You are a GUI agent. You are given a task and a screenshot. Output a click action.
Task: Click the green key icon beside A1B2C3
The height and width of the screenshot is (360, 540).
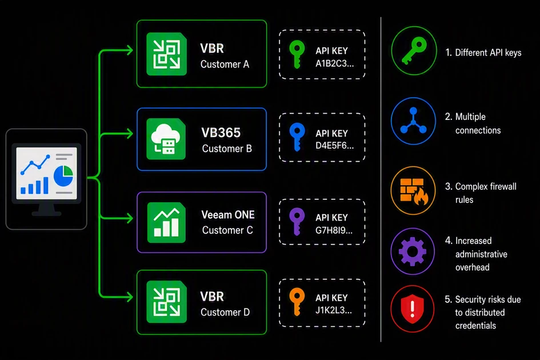click(x=297, y=54)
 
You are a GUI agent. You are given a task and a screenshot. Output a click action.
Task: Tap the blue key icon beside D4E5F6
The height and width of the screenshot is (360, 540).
click(x=297, y=137)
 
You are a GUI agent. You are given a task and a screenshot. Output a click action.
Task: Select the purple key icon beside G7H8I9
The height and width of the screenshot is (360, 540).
click(x=297, y=222)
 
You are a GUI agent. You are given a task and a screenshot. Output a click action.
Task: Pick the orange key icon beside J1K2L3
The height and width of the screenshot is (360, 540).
click(x=297, y=302)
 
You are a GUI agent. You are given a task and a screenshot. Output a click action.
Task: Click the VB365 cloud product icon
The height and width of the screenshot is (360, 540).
click(x=166, y=139)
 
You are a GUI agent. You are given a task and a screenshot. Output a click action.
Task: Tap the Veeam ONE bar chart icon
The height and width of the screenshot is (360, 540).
click(x=166, y=222)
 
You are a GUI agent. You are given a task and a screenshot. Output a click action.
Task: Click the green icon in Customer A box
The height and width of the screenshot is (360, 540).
click(x=167, y=54)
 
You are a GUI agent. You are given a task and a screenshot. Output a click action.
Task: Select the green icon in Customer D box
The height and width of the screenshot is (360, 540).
click(x=167, y=302)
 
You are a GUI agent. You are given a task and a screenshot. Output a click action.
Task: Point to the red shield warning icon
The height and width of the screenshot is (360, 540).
click(x=413, y=309)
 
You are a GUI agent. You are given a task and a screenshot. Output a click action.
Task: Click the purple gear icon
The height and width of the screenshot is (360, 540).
click(x=413, y=251)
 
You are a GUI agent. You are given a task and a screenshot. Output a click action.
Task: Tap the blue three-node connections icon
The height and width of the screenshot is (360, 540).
click(x=413, y=121)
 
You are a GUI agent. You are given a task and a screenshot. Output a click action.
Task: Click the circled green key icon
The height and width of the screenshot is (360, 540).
click(x=414, y=51)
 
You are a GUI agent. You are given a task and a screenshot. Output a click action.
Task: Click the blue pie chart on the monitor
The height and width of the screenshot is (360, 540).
click(x=63, y=175)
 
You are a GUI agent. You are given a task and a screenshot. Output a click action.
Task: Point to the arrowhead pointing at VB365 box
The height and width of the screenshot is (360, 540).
click(x=130, y=133)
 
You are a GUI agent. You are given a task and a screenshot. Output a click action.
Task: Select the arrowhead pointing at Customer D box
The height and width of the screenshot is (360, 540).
click(x=130, y=297)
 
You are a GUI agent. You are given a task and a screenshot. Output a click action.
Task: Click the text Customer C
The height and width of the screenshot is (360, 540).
click(x=227, y=230)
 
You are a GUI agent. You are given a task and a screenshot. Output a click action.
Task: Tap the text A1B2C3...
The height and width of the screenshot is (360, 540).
click(x=334, y=63)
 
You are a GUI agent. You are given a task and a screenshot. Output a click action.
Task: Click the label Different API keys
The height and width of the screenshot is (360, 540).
click(x=488, y=53)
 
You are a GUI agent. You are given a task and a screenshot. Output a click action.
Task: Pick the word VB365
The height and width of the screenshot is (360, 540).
click(x=221, y=133)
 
